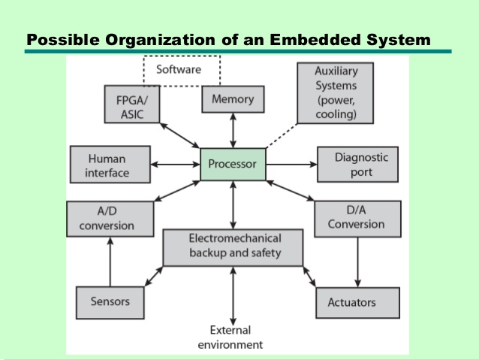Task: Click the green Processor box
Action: pos(233,165)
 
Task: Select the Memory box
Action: pos(233,99)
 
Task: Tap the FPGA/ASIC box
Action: pos(132,104)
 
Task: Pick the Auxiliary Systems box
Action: pos(335,93)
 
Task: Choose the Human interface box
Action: pos(110,165)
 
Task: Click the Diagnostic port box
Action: pos(357,165)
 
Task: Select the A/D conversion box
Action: pos(110,219)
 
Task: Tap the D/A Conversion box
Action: pos(357,219)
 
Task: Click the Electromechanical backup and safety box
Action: pos(233,247)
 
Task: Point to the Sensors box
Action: pos(110,302)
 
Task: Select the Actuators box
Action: pos(357,302)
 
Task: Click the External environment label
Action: pos(230,337)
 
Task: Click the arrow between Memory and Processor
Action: pos(233,131)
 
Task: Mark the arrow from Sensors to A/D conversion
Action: pos(110,262)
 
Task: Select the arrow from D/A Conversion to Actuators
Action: pos(357,262)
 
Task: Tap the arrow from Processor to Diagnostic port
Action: pos(292,165)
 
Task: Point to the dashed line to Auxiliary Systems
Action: pos(282,136)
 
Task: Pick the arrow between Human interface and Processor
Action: pos(176,165)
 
